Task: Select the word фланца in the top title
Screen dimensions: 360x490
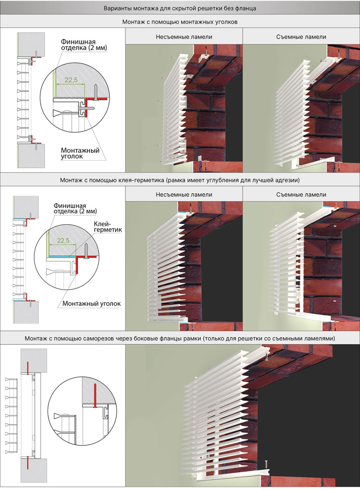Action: (x=247, y=9)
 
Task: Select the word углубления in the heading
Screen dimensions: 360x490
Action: (x=221, y=180)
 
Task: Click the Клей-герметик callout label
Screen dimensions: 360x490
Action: (x=108, y=227)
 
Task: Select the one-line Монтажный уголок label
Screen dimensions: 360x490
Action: (x=91, y=303)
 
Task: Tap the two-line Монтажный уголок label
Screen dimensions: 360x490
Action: (x=80, y=153)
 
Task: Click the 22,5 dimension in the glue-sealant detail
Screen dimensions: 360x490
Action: (x=63, y=240)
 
